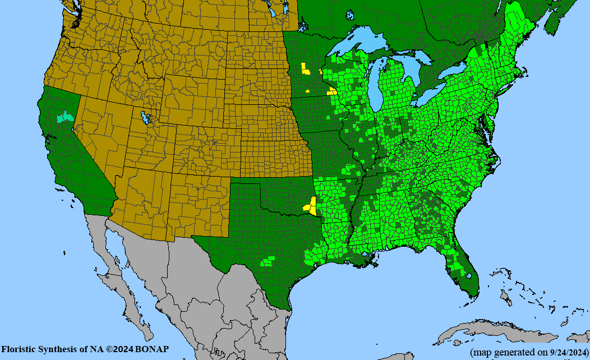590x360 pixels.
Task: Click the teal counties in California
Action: (x=66, y=117)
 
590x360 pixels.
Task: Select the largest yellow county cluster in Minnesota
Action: (x=305, y=70)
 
